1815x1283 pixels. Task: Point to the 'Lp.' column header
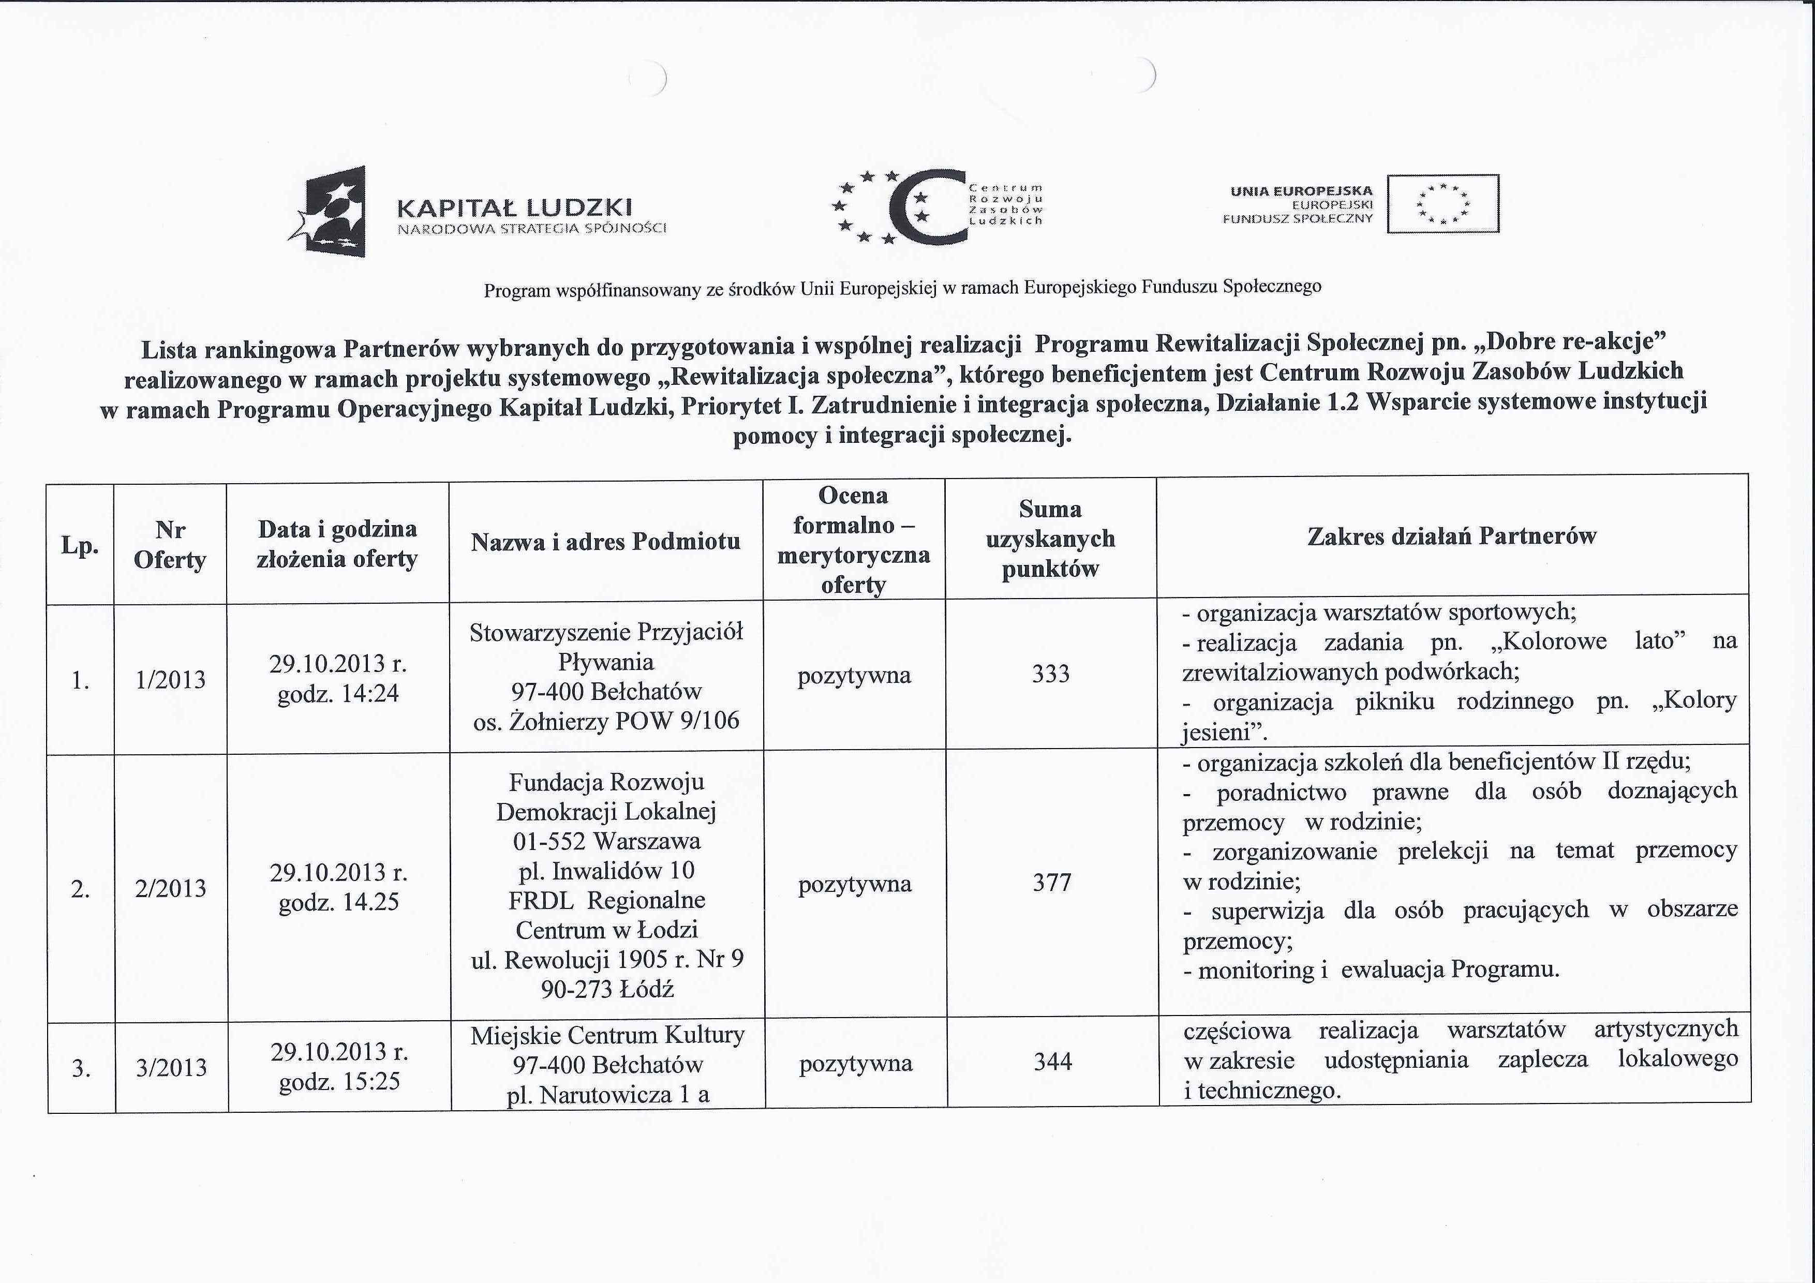80,545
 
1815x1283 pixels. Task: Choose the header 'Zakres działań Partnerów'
1451,536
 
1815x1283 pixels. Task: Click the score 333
1051,674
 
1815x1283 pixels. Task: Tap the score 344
1052,1061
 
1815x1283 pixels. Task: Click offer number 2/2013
171,888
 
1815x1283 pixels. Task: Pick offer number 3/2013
172,1067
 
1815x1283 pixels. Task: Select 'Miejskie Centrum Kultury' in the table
607,1035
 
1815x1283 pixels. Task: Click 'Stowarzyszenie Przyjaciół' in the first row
606,632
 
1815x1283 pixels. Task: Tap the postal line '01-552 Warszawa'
606,840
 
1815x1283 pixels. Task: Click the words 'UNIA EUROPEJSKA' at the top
1301,190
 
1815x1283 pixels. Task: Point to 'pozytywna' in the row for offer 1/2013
854,676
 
